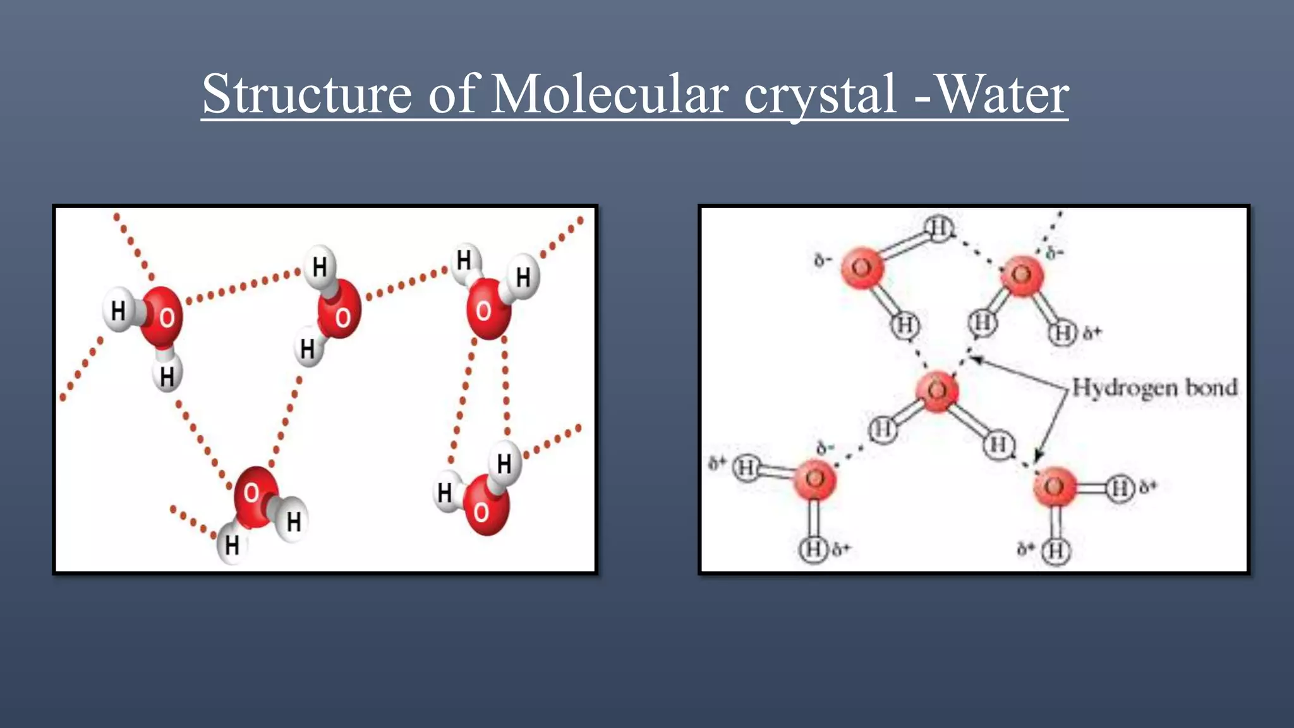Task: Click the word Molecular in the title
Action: [609, 95]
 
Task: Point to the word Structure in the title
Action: [307, 95]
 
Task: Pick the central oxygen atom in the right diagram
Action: [937, 391]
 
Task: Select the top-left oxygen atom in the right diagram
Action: [862, 268]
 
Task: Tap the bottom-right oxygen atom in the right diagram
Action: [1054, 487]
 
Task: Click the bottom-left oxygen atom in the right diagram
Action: [815, 480]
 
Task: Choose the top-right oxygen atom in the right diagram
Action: [1022, 275]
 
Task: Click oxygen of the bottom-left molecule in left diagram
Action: [254, 496]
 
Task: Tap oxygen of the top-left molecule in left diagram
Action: [162, 316]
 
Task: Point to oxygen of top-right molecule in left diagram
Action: [487, 310]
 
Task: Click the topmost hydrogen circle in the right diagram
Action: [939, 228]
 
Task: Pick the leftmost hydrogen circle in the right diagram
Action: [746, 468]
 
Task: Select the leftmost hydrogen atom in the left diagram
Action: [119, 310]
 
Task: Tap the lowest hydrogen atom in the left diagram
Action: [232, 545]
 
